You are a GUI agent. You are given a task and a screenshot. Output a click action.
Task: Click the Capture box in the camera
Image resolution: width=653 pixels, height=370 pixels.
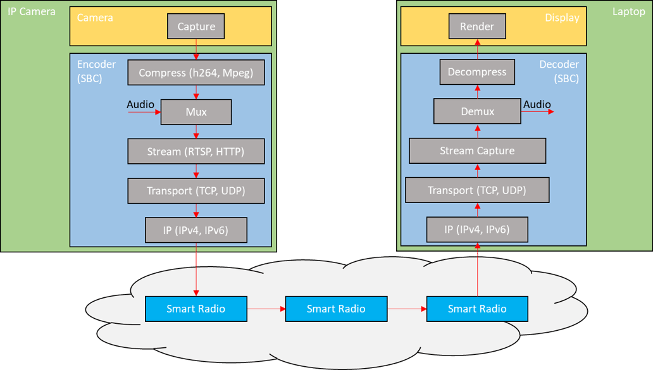196,27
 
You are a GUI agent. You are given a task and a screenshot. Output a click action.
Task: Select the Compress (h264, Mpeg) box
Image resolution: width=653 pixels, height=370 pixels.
196,73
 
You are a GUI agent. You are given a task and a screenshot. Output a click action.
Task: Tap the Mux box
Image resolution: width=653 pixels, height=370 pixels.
196,112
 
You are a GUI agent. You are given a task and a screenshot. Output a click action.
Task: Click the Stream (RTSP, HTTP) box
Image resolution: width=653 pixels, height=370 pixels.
196,152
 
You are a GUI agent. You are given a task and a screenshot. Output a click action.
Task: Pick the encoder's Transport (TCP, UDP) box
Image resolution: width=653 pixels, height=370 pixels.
196,191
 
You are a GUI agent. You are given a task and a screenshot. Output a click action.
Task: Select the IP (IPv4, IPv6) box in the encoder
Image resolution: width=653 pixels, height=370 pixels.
196,230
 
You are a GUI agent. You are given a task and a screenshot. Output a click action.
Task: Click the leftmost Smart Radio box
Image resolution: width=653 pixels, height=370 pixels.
196,309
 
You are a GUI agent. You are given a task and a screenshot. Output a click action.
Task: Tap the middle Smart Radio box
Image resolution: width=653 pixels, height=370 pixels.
336,309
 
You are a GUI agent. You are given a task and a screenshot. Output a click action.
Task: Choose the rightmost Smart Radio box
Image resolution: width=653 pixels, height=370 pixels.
477,309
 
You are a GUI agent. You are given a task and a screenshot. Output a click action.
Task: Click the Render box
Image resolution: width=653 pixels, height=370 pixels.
477,27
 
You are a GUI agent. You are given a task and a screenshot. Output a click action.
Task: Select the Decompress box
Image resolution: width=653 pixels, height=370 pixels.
477,72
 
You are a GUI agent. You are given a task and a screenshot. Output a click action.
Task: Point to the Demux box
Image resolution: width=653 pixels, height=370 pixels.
477,111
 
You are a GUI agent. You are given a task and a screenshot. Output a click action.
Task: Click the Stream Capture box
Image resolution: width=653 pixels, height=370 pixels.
477,151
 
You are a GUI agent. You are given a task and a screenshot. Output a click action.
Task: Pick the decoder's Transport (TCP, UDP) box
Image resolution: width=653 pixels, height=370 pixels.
477,190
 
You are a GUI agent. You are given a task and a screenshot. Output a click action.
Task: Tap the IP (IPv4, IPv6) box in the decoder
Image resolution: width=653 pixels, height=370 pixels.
477,230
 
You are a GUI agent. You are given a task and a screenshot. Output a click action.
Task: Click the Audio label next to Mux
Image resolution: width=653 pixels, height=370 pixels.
140,104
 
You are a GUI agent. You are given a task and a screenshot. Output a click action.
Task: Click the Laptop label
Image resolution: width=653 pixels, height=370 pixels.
628,12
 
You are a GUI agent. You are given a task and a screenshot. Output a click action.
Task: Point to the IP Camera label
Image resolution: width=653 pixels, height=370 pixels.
32,12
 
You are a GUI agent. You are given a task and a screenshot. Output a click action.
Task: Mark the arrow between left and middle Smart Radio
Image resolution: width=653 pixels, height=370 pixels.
266,309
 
